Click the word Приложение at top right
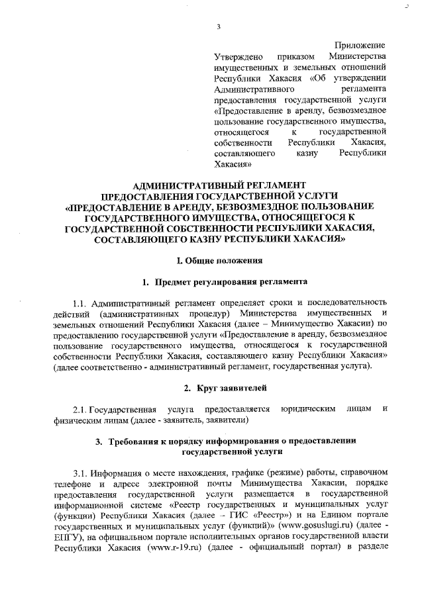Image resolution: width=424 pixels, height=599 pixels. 362,45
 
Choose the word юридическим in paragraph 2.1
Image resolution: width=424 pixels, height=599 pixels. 307,408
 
